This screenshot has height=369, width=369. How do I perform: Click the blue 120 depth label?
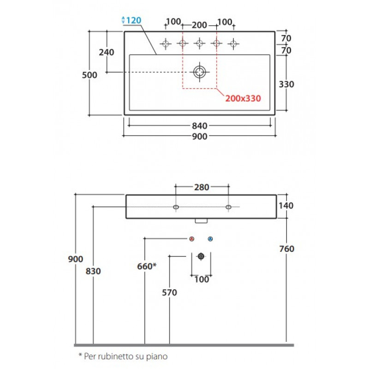[133, 20]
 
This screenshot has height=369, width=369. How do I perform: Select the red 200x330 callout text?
[243, 98]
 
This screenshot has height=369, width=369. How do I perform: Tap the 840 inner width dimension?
[200, 126]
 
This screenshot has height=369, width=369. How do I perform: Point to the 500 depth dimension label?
[89, 75]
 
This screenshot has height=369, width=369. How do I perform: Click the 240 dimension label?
[107, 52]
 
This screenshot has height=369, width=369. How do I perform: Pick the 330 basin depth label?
[286, 84]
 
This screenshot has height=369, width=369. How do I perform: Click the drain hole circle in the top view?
[200, 72]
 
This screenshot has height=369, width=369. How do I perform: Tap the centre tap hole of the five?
[200, 43]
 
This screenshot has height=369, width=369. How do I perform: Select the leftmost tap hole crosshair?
[166, 43]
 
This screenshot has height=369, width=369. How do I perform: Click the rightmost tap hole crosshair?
[233, 43]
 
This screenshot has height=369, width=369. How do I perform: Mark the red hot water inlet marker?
[192, 239]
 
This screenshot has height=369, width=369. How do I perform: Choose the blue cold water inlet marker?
[210, 239]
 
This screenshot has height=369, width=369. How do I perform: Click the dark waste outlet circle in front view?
[201, 256]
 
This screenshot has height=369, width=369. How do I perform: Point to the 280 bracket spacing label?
[202, 187]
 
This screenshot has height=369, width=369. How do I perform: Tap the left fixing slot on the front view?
[176, 207]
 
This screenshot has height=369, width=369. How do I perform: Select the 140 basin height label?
[286, 206]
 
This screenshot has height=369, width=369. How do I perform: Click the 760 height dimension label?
[286, 249]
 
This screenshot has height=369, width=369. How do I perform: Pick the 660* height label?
[147, 267]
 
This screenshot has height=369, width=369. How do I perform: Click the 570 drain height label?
[169, 292]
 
